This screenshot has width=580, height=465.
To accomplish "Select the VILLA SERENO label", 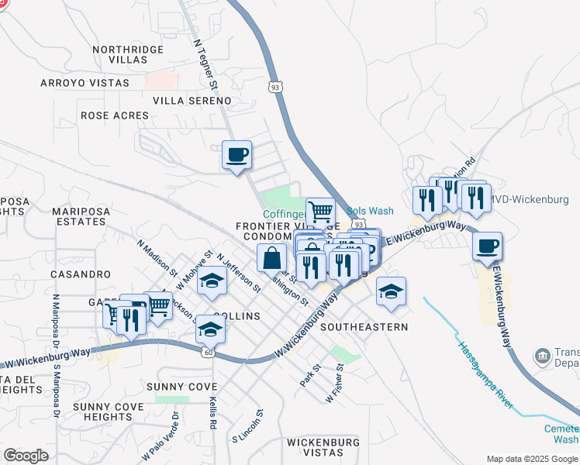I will click(x=192, y=101).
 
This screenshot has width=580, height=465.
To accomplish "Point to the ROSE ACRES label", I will click(x=115, y=115).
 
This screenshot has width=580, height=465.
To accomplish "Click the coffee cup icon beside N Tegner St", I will click(x=237, y=154).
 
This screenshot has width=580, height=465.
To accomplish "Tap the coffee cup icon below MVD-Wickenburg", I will click(x=487, y=246).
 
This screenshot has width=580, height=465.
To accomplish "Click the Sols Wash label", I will click(x=370, y=211).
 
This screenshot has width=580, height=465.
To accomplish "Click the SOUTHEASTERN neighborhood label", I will click(x=364, y=327).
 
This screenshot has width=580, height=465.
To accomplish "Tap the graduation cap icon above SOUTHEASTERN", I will click(x=392, y=291).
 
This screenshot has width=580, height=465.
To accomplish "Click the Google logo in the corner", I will click(x=26, y=456).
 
